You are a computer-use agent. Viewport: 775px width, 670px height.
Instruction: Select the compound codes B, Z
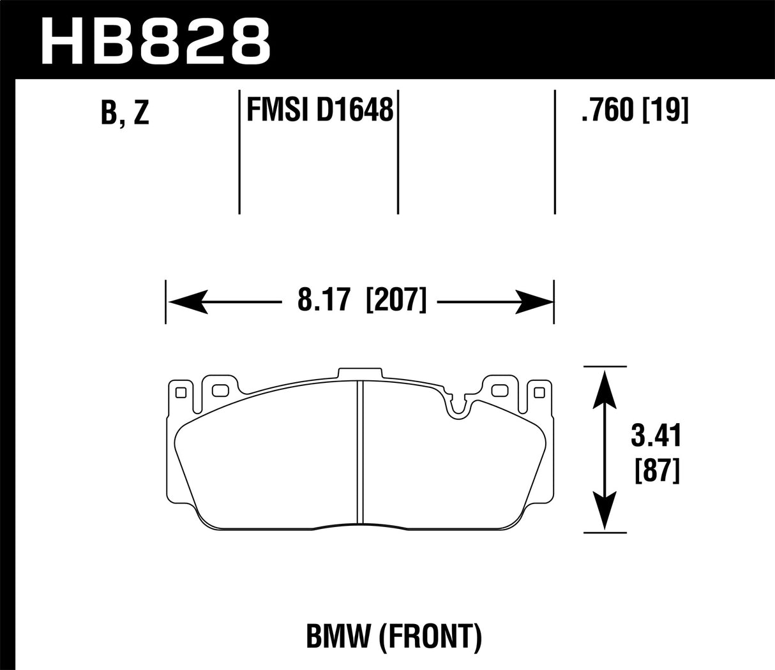(124, 112)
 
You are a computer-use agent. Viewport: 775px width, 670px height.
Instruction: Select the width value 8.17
(326, 301)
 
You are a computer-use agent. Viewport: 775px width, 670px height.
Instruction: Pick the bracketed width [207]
(396, 301)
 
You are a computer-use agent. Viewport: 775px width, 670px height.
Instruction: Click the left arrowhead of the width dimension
(185, 301)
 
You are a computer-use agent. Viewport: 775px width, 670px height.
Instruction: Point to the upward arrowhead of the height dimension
(604, 389)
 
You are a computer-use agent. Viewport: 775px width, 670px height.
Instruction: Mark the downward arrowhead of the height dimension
(604, 511)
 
